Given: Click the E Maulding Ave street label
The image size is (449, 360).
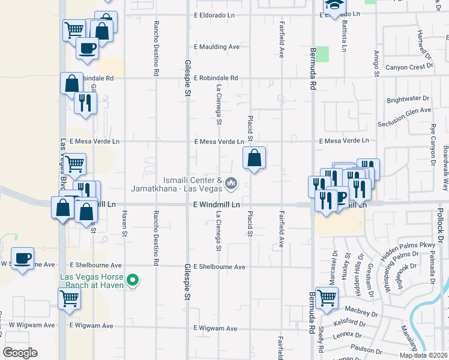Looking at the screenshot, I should click(x=217, y=46).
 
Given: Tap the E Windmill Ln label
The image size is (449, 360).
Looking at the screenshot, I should click(x=217, y=205).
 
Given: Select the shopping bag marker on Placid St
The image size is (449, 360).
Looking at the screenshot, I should click(x=255, y=158).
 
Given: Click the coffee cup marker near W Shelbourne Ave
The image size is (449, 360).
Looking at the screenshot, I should click(x=23, y=259).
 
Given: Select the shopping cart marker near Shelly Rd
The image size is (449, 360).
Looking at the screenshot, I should click(x=327, y=298).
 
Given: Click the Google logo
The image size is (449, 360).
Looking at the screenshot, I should click(x=19, y=353).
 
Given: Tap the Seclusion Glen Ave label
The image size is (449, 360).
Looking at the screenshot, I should click(x=404, y=118).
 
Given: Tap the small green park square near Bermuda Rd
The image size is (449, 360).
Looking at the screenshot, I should click(x=323, y=54).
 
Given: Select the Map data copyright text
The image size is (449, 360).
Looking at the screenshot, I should click(x=423, y=355).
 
